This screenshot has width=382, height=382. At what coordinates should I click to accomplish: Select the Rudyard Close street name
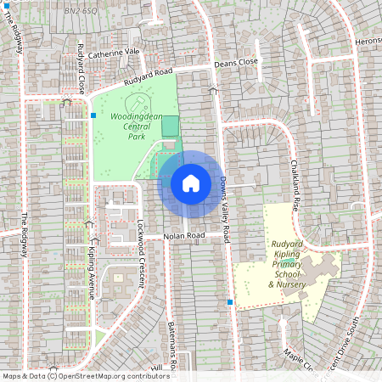(81, 68)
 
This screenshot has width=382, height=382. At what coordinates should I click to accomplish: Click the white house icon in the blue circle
(191, 183)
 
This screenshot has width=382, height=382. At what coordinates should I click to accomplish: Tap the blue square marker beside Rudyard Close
(93, 115)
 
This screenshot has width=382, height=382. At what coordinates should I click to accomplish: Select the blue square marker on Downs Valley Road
(230, 301)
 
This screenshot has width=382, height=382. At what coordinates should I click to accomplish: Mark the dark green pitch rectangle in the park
(171, 127)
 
